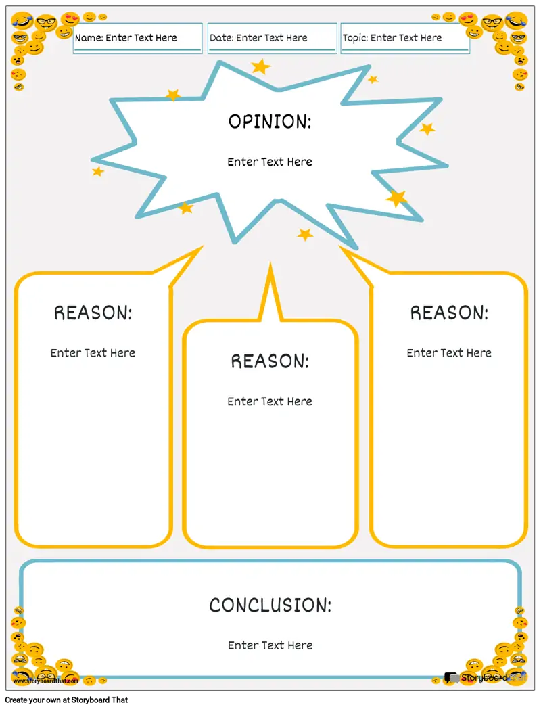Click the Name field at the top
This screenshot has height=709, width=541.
click(137, 38)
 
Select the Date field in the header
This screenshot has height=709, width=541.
click(272, 38)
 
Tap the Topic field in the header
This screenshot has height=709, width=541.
click(404, 38)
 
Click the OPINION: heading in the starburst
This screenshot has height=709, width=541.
click(270, 122)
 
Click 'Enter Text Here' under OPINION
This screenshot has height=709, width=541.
click(270, 162)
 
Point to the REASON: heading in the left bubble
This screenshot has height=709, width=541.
click(93, 313)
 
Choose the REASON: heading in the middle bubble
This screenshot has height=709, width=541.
click(270, 361)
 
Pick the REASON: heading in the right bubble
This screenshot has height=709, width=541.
click(449, 313)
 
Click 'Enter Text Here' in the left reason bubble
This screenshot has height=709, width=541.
click(93, 353)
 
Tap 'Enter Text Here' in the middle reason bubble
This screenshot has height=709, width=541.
click(270, 402)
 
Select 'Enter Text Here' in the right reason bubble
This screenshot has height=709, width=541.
click(449, 353)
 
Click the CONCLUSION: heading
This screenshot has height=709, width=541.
click(270, 605)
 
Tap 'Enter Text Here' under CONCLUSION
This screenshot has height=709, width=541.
click(270, 645)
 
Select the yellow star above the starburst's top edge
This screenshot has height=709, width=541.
click(260, 66)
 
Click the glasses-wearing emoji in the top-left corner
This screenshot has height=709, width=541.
click(46, 23)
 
